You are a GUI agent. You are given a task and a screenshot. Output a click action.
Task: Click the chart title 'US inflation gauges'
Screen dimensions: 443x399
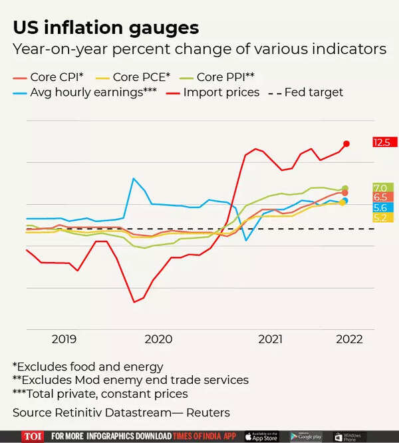(106, 28)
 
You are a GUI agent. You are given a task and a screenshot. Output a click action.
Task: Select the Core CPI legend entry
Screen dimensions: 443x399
(47, 76)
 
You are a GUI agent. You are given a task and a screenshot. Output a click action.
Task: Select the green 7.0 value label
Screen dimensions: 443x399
(381, 188)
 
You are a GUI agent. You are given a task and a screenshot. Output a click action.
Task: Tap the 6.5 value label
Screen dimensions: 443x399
(381, 198)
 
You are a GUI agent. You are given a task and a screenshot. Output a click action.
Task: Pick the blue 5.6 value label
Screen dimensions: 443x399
(381, 208)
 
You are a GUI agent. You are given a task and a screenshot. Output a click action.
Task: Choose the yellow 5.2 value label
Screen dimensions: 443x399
(381, 218)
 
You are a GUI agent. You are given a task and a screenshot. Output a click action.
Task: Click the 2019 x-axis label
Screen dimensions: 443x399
(64, 339)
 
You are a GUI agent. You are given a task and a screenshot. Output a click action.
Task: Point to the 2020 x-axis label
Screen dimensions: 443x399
(159, 339)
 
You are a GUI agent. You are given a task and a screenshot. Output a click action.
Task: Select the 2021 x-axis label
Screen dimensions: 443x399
(271, 339)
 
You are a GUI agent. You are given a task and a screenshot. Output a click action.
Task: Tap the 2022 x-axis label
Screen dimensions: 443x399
(349, 339)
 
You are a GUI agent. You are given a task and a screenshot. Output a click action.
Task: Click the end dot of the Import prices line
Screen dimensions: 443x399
(346, 143)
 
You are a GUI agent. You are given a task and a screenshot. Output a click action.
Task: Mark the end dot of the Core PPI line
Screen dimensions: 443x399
(345, 189)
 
